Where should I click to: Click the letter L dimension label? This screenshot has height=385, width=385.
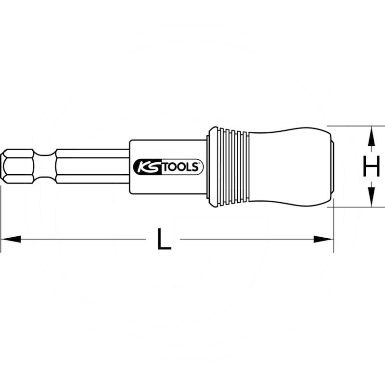point(164,239)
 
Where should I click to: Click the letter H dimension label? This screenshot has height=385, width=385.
point(371,166)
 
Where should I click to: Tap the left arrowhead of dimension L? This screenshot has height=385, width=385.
point(11,239)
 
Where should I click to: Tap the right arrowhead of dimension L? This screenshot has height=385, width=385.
point(323,239)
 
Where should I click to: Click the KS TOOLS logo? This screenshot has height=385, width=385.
point(168,167)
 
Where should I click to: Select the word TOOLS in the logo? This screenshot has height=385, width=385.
point(180,167)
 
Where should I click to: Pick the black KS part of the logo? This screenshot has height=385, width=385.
point(147,167)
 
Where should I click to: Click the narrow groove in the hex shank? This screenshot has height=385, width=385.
point(44,166)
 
